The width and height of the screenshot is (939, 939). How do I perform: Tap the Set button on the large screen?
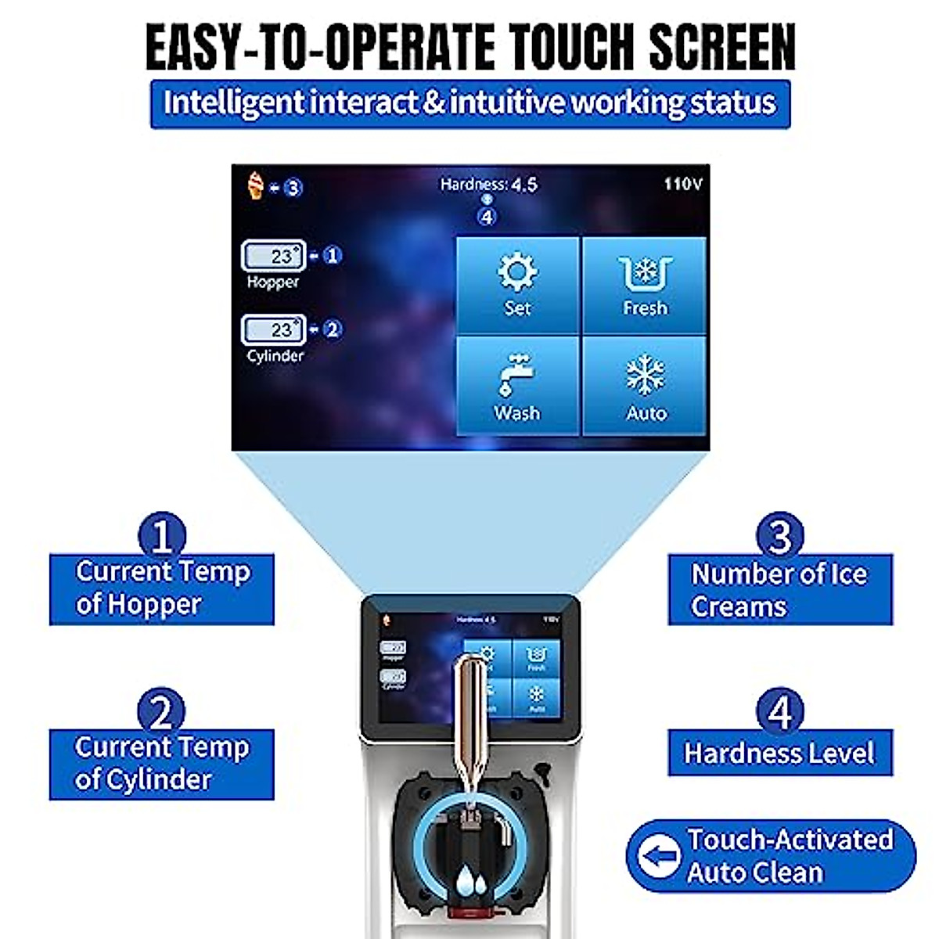pos(517,285)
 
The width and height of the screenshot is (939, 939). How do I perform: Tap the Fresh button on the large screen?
pos(645,285)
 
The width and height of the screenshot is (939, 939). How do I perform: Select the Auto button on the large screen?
pos(645,387)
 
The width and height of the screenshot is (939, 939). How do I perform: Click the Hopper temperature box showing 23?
pos(273,256)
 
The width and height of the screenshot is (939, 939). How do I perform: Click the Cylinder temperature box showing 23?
pos(273,329)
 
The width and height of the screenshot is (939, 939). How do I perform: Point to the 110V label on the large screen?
pos(682,184)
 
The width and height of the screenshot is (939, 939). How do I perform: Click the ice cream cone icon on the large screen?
pos(255,185)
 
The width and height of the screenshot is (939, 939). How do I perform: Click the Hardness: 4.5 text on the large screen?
pos(488,185)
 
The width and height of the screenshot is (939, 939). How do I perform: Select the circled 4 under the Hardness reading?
pos(487,217)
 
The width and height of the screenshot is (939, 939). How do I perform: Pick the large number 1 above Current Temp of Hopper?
pos(161,535)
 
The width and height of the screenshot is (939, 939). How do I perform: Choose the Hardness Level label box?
pos(779,753)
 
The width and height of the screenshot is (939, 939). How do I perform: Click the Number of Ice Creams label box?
pos(779,590)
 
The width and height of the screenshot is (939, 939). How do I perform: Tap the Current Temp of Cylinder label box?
pos(161,764)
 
